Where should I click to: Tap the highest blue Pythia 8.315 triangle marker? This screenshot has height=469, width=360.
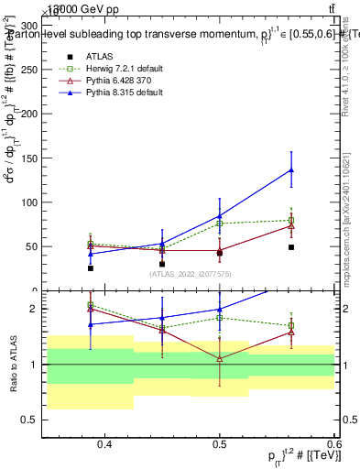(x=291, y=169)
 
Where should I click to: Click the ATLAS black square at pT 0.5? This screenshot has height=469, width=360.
(x=220, y=253)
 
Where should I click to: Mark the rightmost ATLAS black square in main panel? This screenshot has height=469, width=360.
(x=291, y=247)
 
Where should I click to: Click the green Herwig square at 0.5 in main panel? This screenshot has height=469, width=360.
(x=220, y=224)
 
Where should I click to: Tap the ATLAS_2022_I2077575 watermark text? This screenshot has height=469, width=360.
(x=191, y=275)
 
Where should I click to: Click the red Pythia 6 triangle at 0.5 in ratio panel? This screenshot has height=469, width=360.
(x=220, y=358)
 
